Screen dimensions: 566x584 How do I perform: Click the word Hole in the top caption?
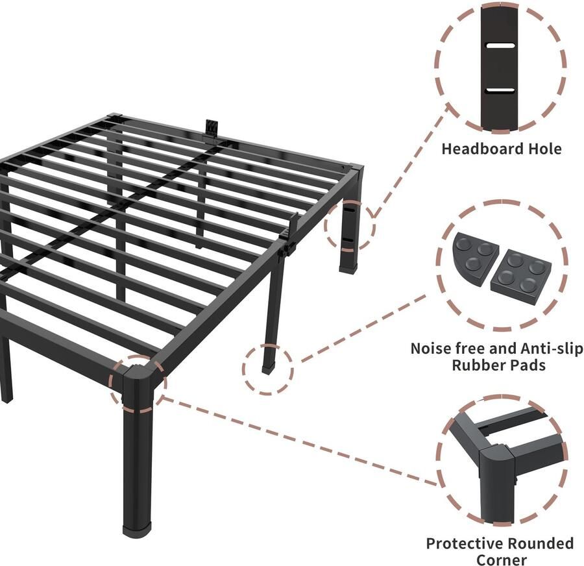(x=544, y=149)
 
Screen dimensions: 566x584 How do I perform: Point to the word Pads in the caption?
(x=527, y=365)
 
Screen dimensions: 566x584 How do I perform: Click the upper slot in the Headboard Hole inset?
(x=499, y=47)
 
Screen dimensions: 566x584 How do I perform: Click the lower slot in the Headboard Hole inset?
(x=499, y=90)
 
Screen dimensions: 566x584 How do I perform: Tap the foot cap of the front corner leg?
(x=138, y=529)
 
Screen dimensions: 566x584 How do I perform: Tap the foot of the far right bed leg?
(x=348, y=267)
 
